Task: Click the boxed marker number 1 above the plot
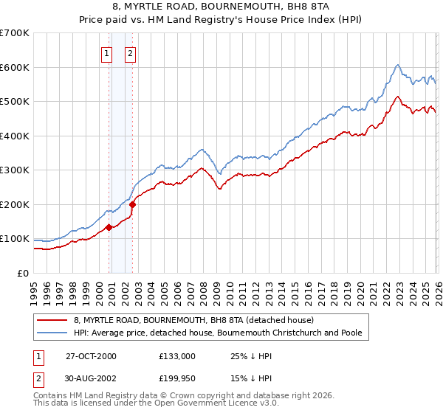click(106, 52)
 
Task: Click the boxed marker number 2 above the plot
click(130, 52)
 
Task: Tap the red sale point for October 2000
click(109, 227)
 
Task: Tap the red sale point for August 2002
click(133, 204)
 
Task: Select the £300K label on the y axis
click(15, 170)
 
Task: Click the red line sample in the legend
click(52, 320)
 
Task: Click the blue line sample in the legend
click(52, 333)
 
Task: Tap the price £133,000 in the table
click(177, 356)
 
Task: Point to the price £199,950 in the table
click(177, 380)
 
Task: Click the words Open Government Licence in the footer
click(205, 404)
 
